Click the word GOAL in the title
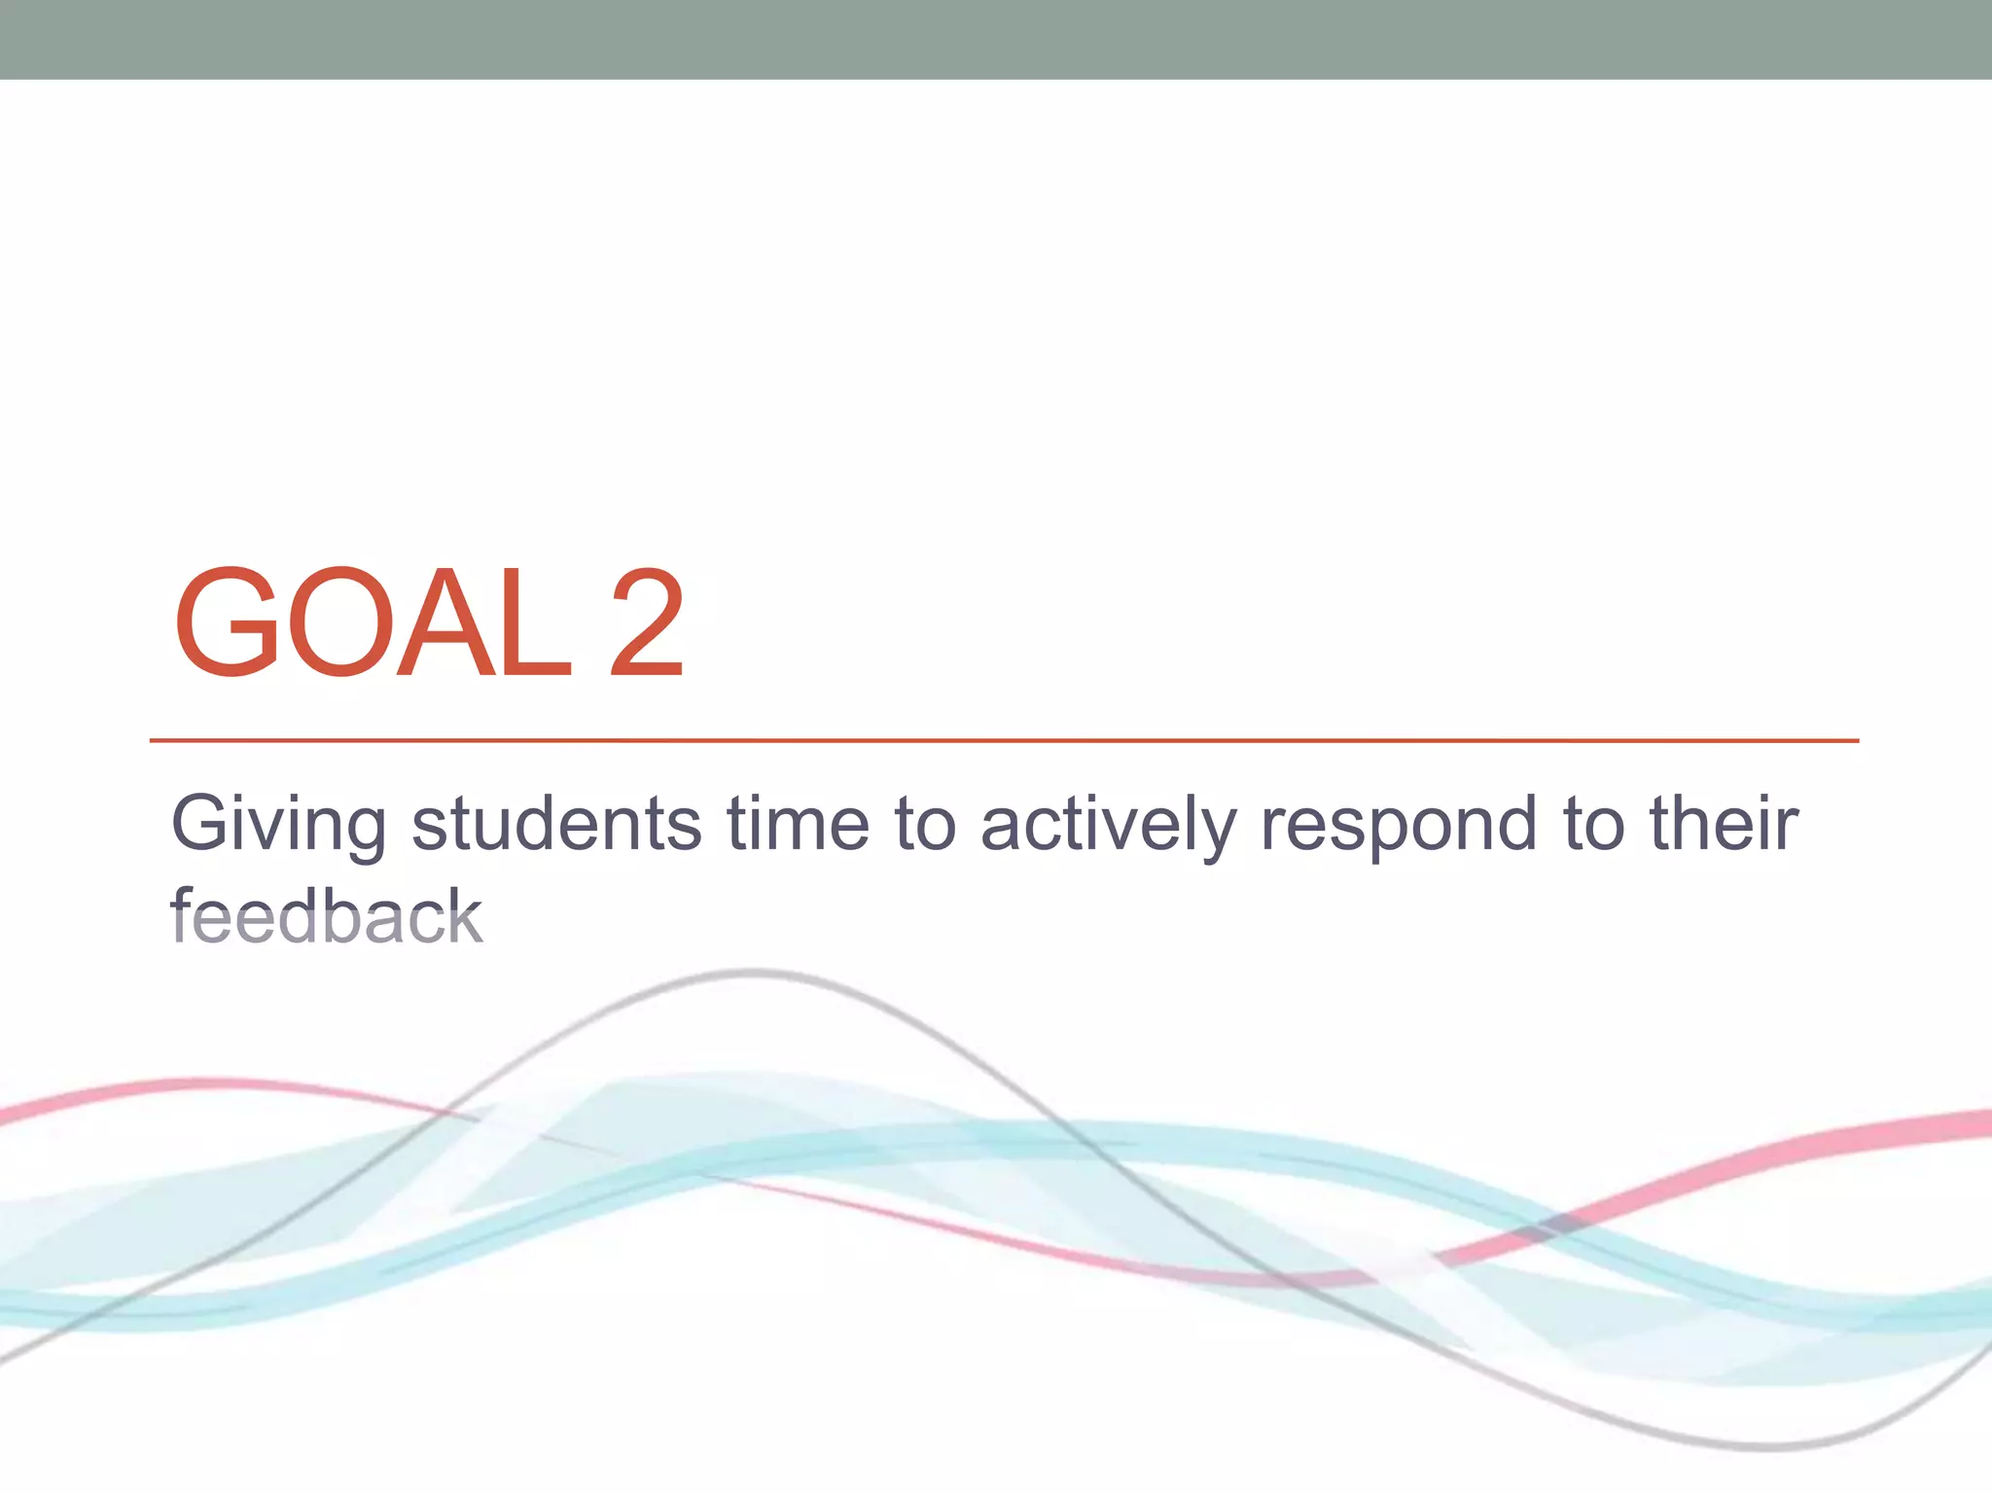click(x=373, y=622)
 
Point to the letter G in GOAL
click(x=227, y=622)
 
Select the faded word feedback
click(x=327, y=916)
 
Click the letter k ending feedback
click(x=466, y=916)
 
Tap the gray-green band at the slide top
click(x=996, y=39)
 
